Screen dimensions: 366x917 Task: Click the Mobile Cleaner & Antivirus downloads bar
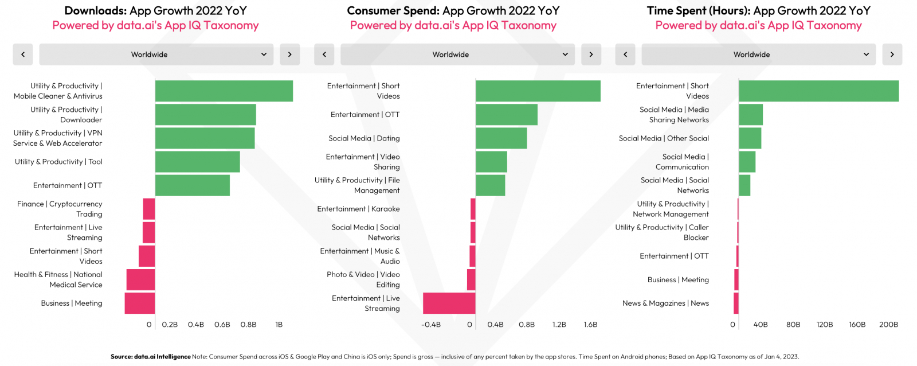tap(224, 91)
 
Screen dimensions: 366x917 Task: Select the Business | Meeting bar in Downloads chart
tap(140, 303)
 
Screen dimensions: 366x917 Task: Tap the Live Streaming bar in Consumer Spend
tap(449, 303)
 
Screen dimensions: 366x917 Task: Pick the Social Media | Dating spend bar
tap(501, 138)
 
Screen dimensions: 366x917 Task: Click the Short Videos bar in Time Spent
tap(818, 91)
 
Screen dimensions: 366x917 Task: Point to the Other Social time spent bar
tap(750, 138)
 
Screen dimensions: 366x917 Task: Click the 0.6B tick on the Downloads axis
tap(222, 325)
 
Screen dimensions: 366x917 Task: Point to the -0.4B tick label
tap(431, 325)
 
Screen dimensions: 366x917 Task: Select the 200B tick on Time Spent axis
tap(888, 325)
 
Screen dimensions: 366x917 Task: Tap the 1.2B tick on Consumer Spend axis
tap(559, 325)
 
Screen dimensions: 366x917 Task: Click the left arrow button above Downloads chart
tap(23, 54)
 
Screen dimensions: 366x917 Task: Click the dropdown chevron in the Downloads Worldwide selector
tap(264, 54)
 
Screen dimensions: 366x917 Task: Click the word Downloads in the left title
tap(95, 11)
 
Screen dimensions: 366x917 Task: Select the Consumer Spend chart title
tap(453, 11)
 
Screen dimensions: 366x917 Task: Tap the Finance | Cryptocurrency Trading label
tap(60, 209)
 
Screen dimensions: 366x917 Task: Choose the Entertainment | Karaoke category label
tap(358, 209)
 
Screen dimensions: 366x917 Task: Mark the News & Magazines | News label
tap(665, 303)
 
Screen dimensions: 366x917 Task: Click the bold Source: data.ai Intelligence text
tap(151, 357)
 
